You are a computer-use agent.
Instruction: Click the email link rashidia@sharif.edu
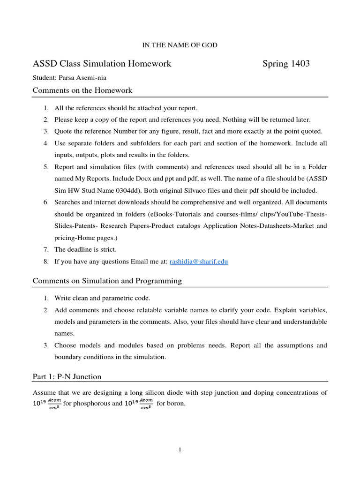(198, 262)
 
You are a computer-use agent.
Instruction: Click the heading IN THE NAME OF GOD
(180, 45)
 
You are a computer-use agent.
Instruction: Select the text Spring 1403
(286, 63)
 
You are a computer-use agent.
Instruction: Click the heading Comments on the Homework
(82, 90)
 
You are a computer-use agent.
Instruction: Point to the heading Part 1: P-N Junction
(67, 376)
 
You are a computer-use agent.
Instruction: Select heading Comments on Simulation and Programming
(107, 281)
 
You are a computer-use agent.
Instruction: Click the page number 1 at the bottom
(180, 450)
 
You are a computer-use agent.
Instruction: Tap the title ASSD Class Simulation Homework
(102, 63)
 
